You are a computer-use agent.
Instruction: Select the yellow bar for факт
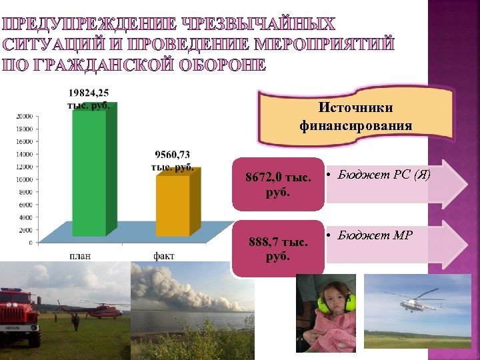(x=178, y=203)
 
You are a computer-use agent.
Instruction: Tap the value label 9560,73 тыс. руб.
(x=173, y=161)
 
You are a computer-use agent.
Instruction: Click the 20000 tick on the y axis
(x=25, y=116)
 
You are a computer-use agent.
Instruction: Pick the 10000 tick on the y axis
(x=25, y=179)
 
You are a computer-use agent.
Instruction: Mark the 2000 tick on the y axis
(x=26, y=230)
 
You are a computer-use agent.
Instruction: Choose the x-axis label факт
(x=164, y=255)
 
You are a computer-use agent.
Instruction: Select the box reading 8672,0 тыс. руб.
(x=278, y=184)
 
